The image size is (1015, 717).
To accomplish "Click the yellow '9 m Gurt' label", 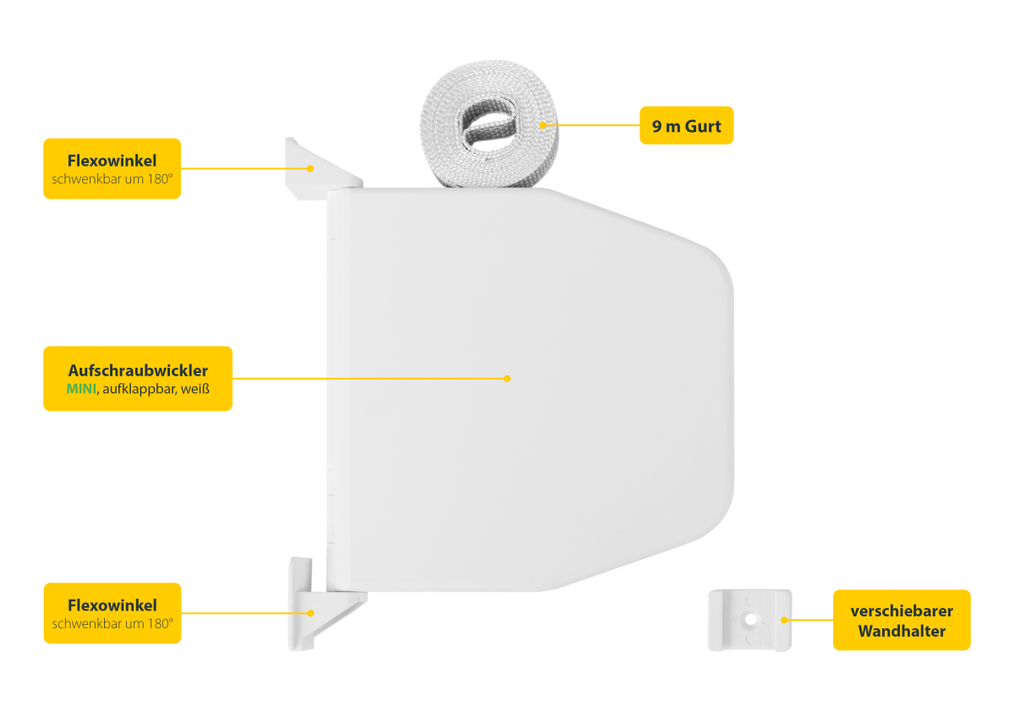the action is (686, 125).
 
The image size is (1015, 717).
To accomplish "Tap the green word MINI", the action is (81, 389).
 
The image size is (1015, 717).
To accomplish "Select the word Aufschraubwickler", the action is (138, 370).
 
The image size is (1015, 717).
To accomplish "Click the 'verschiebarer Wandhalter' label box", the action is (902, 620).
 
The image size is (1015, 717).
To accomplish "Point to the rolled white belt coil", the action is (489, 123).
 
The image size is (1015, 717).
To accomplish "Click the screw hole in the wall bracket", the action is (750, 619).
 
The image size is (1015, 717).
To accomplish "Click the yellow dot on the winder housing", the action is (507, 379).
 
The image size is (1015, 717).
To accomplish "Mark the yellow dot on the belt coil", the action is (542, 125).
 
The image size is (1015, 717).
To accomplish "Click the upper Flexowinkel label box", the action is (112, 168).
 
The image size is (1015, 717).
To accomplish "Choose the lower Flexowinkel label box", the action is (112, 613).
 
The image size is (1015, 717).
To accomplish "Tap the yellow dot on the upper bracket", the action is (310, 168).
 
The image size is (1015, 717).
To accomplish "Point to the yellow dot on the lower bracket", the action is (311, 613).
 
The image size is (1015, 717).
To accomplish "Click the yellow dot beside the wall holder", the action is (784, 620).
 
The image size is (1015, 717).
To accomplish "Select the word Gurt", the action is (703, 126).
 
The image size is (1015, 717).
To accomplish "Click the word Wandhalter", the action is (902, 631).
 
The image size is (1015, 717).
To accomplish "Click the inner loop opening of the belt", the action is (488, 123).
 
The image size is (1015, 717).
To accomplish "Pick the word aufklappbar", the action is (139, 389).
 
